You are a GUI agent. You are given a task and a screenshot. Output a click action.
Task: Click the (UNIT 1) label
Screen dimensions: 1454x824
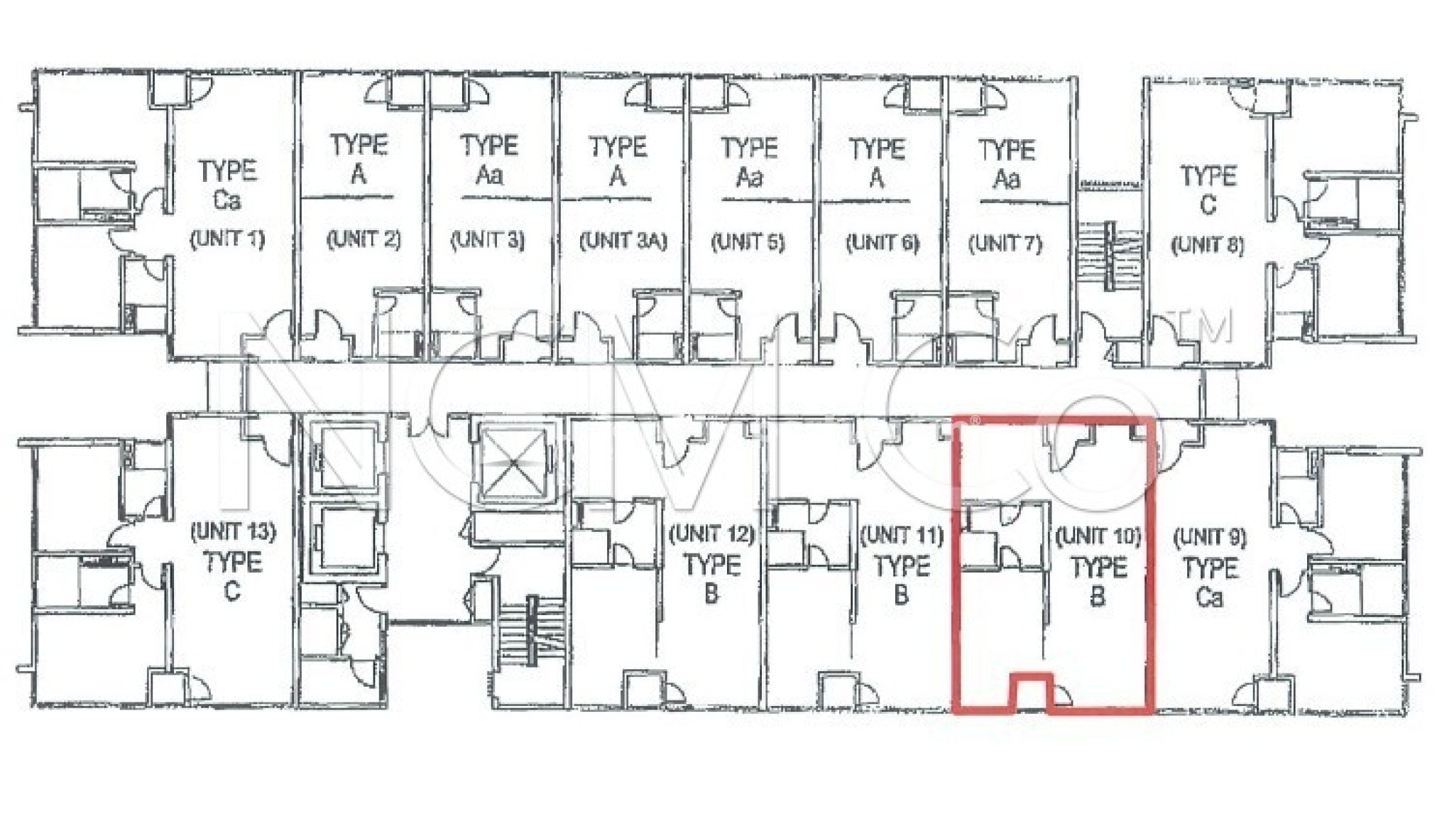(x=227, y=239)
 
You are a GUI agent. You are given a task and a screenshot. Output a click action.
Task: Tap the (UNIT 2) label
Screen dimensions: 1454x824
(x=363, y=239)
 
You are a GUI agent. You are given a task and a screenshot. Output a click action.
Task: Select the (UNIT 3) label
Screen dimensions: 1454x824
(x=488, y=240)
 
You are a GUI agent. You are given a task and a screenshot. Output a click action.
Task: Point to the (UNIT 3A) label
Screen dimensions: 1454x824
(x=623, y=242)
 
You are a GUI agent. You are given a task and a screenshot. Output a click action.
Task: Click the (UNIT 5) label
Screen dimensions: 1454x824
(x=748, y=242)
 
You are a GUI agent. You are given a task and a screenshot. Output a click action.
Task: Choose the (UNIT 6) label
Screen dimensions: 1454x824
(x=882, y=244)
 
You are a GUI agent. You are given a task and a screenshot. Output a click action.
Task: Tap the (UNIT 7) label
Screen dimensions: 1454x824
(x=1005, y=244)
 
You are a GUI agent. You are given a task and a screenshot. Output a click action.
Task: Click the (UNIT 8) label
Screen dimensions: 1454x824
(x=1208, y=245)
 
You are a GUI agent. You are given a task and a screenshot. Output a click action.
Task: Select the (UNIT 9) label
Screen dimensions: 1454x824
(x=1210, y=537)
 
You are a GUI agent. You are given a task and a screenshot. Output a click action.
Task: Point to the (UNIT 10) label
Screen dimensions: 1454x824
(x=1098, y=536)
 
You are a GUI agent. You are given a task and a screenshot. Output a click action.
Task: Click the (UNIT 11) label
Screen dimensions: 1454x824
(x=902, y=535)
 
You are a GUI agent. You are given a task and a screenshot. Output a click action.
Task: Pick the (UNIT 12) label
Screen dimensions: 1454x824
(x=712, y=533)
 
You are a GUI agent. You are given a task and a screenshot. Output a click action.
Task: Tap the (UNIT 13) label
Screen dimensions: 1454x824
(x=233, y=531)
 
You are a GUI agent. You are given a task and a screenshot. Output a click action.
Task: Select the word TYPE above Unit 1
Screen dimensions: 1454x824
(x=227, y=171)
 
